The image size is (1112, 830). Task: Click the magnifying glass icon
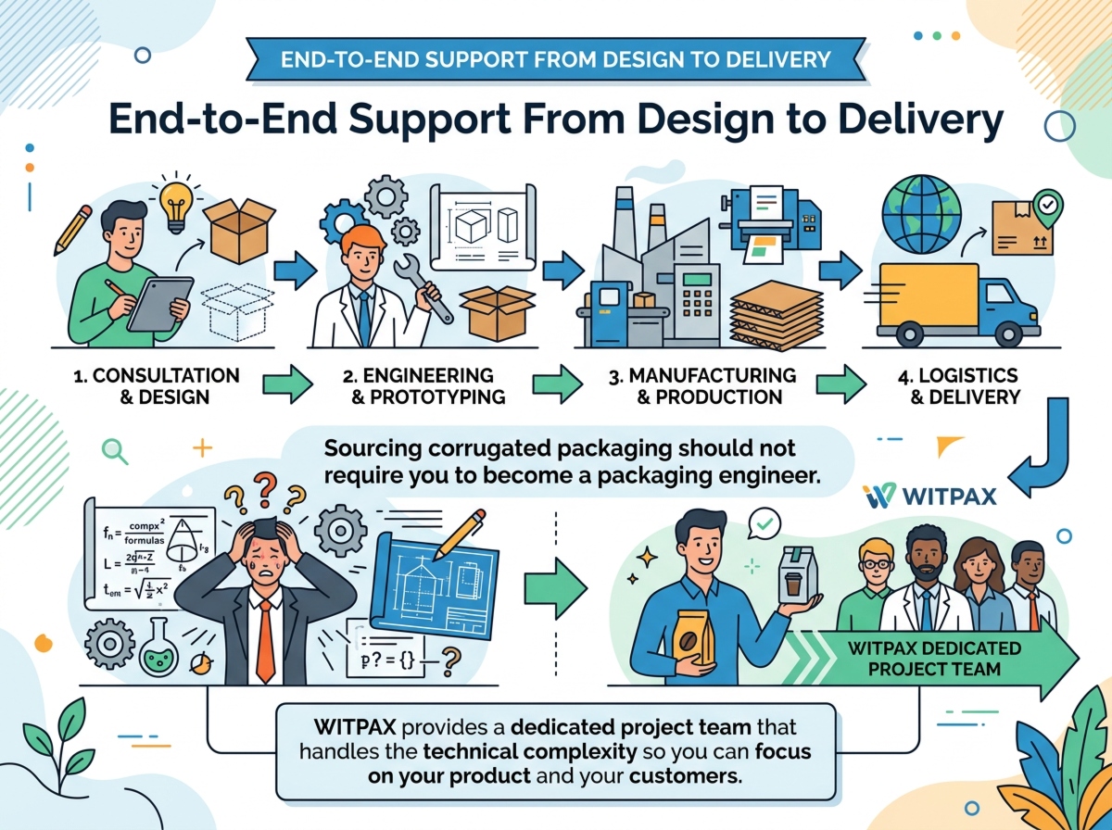[114, 450]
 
